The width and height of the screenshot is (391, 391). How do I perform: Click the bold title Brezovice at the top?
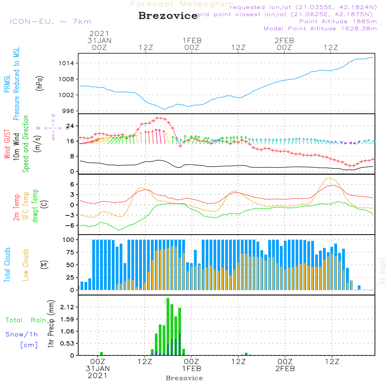168,16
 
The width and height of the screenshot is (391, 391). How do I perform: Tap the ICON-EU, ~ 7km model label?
50,22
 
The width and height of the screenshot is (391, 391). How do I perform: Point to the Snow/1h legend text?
22,335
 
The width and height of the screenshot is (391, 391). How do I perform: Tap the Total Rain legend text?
25,320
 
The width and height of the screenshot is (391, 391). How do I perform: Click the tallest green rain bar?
168,326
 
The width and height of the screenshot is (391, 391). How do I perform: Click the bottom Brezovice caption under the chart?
184,378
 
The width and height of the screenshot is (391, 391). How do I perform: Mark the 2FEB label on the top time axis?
284,41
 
